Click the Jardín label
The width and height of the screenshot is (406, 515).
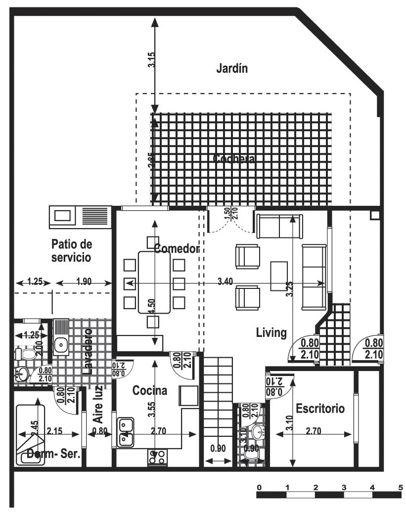(x=231, y=68)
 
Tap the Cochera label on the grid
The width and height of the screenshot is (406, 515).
(x=234, y=159)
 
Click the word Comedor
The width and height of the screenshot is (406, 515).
(x=176, y=248)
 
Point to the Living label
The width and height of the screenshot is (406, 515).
(x=271, y=332)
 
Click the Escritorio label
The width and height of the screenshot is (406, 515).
(x=320, y=409)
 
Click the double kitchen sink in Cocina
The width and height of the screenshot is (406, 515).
(x=125, y=430)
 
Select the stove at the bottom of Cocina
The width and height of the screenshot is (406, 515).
(x=156, y=458)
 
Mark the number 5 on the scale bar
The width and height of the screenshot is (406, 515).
(x=400, y=487)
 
